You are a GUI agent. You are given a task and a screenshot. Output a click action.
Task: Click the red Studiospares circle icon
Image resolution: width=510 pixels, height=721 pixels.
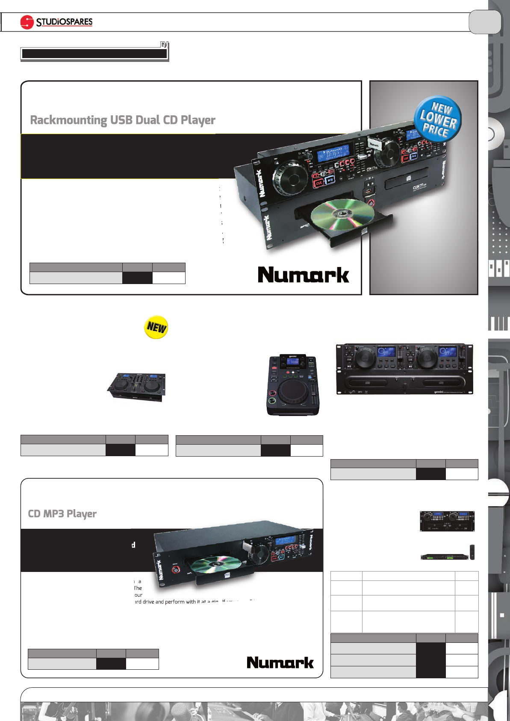pos(27,22)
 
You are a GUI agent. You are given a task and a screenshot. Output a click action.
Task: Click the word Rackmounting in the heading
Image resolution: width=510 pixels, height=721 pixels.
pos(68,120)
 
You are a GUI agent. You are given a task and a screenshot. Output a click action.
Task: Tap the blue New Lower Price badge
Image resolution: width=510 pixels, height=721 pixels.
pos(438,119)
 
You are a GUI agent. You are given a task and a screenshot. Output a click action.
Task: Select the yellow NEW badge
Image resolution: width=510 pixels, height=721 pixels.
pos(156,327)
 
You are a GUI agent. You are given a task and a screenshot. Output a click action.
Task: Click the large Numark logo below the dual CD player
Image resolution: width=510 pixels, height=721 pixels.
pos(303,275)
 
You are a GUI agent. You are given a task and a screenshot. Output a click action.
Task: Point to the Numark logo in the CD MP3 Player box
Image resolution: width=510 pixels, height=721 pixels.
pos(280,662)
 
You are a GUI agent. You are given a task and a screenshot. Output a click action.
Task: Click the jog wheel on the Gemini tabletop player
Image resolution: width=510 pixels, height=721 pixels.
pos(292,392)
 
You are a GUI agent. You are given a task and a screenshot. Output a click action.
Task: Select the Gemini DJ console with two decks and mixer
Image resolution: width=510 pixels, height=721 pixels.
pos(136,386)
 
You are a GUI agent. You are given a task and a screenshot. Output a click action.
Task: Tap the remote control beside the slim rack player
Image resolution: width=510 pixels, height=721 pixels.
pos(472,551)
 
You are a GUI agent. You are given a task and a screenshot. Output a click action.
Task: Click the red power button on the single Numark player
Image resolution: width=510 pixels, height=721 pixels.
pos(176,570)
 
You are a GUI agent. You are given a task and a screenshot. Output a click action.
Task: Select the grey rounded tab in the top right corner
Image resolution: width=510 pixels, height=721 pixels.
pos(484,22)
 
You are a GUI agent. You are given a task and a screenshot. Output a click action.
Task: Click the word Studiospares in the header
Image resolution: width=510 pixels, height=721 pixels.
pos(64,22)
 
